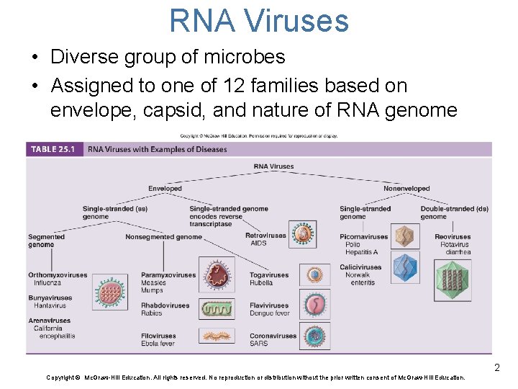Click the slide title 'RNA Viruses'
259,20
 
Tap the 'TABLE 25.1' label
53,149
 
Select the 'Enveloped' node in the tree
165,189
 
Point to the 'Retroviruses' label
265,236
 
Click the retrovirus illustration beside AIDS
305,234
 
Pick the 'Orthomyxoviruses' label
58,275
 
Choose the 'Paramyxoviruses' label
168,275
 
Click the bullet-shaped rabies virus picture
217,309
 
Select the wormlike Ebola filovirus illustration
217,337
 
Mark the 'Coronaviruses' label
273,336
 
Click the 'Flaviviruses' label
269,305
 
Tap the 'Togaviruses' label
269,275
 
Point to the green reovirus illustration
453,280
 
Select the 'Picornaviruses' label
364,236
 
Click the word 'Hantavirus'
48,305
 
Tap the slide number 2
496,369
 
